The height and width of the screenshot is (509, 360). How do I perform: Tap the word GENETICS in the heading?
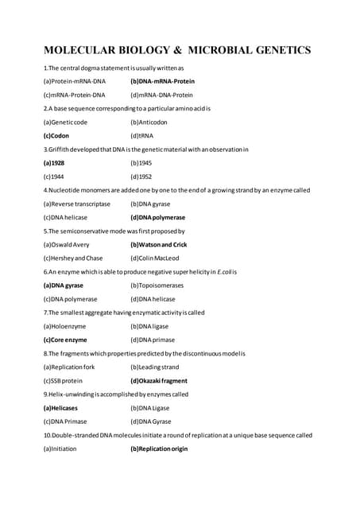275,50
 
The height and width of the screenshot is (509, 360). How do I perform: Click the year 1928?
54,162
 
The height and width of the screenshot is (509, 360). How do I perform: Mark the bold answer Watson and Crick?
158,244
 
